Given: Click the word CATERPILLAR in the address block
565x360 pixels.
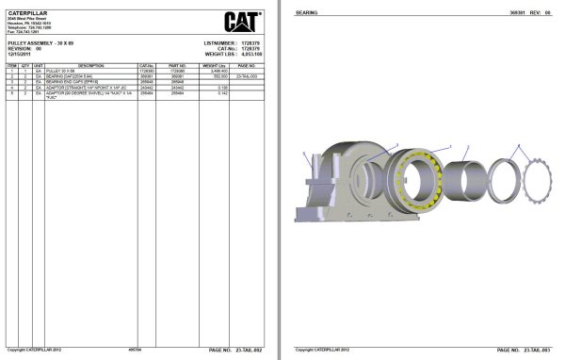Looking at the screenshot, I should pyautogui.click(x=23, y=12).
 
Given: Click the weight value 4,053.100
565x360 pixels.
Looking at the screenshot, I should pyautogui.click(x=250, y=55).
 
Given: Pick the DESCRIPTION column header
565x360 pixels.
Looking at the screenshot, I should pyautogui.click(x=90, y=65).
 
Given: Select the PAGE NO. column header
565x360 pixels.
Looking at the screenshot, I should pyautogui.click(x=247, y=65).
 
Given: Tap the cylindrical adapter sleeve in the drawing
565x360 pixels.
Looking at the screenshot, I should pyautogui.click(x=462, y=179).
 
